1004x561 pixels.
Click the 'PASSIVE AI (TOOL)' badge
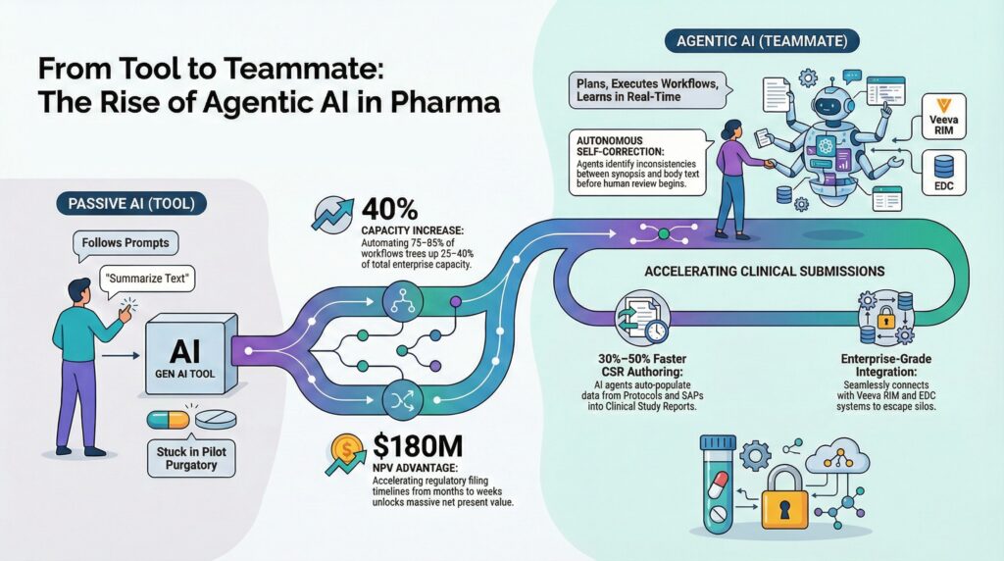tap(131, 204)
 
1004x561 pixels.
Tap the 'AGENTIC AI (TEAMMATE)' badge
tap(762, 41)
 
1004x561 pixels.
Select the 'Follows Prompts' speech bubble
tap(125, 243)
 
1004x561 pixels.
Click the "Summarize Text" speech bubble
tap(147, 280)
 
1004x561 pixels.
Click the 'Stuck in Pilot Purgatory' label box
tap(191, 458)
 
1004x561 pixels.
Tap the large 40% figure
tap(389, 210)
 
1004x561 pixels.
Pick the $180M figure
tap(417, 445)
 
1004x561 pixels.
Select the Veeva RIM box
tap(943, 117)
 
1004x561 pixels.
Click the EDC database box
tap(944, 173)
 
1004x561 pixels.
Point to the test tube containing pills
tap(719, 484)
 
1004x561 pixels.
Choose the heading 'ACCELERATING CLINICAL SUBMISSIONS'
tap(765, 272)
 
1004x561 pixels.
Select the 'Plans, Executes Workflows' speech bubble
tap(648, 90)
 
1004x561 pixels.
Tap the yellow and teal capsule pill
tap(169, 420)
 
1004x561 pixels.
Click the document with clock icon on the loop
tap(642, 319)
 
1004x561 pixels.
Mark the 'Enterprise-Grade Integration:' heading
tap(885, 366)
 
